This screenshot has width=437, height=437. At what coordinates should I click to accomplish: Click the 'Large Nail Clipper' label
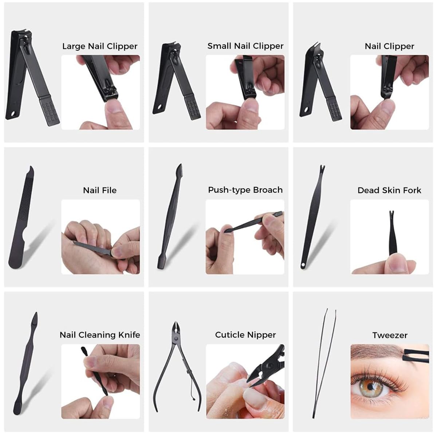[x=100, y=46]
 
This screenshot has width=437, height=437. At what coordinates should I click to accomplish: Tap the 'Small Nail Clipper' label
[x=245, y=46]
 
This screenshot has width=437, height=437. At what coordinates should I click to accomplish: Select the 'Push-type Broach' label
[x=245, y=190]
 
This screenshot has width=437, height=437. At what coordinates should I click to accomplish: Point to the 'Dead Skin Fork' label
[x=389, y=190]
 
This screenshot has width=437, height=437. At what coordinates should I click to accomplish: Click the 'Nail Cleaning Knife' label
[x=100, y=335]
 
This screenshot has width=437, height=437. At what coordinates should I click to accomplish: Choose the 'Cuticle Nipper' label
[x=245, y=335]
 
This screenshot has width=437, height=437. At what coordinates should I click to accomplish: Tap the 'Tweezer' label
[x=390, y=335]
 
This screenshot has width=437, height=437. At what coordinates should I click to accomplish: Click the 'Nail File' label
[x=100, y=190]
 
